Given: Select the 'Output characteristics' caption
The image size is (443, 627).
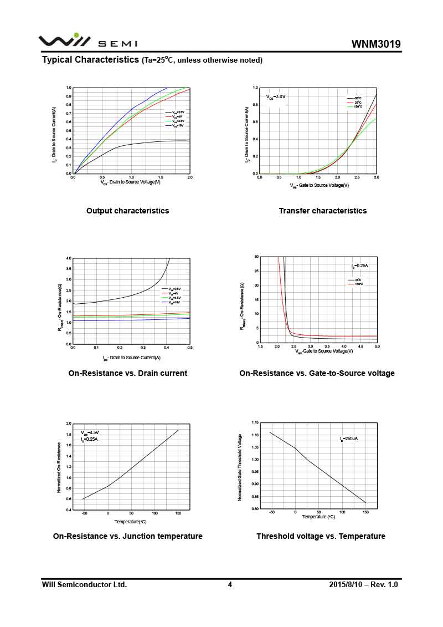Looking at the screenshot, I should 127,211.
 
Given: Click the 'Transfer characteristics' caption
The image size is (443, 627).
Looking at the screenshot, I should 322,211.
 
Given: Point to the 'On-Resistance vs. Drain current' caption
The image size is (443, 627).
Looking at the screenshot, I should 127,373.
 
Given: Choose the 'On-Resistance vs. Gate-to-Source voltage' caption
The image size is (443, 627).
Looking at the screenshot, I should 317,373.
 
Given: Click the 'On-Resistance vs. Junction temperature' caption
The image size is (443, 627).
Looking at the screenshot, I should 127,536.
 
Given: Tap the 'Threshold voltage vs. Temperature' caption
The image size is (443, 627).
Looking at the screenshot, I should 321,536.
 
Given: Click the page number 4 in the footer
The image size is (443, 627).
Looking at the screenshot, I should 230,584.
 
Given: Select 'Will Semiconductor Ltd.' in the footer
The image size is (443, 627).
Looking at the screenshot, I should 85,584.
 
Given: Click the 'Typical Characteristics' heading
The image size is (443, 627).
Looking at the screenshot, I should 90,59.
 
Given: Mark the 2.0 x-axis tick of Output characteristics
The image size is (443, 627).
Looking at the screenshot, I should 189,177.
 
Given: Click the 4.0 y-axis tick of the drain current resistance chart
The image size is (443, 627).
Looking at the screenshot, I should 69,258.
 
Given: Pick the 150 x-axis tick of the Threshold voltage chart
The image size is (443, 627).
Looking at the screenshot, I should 365,512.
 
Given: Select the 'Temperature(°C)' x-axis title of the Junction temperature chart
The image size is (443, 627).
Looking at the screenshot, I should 131,522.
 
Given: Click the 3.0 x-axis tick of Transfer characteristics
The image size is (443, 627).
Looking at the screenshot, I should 376,177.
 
